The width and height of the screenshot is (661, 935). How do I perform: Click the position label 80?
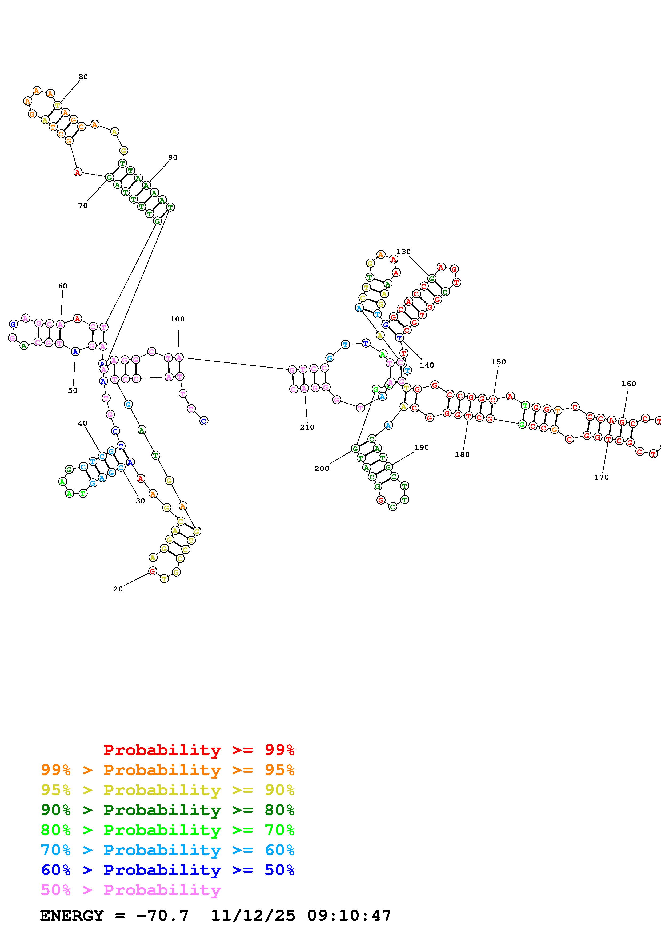(x=83, y=76)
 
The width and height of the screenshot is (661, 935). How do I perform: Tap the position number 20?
(x=118, y=589)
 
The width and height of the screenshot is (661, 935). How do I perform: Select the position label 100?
(x=177, y=319)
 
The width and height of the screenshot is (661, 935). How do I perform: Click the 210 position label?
(x=307, y=427)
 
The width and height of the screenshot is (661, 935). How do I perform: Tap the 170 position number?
(x=601, y=477)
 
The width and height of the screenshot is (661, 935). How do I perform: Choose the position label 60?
(x=63, y=286)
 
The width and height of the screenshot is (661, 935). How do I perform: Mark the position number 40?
(x=82, y=423)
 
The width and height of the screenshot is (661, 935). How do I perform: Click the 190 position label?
(x=422, y=448)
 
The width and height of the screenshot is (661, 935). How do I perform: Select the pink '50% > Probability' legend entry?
(x=131, y=890)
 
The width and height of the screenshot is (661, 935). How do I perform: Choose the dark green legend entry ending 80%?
(x=168, y=810)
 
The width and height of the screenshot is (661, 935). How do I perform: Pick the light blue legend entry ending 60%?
(x=168, y=850)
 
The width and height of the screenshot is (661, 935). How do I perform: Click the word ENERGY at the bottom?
(x=72, y=916)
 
